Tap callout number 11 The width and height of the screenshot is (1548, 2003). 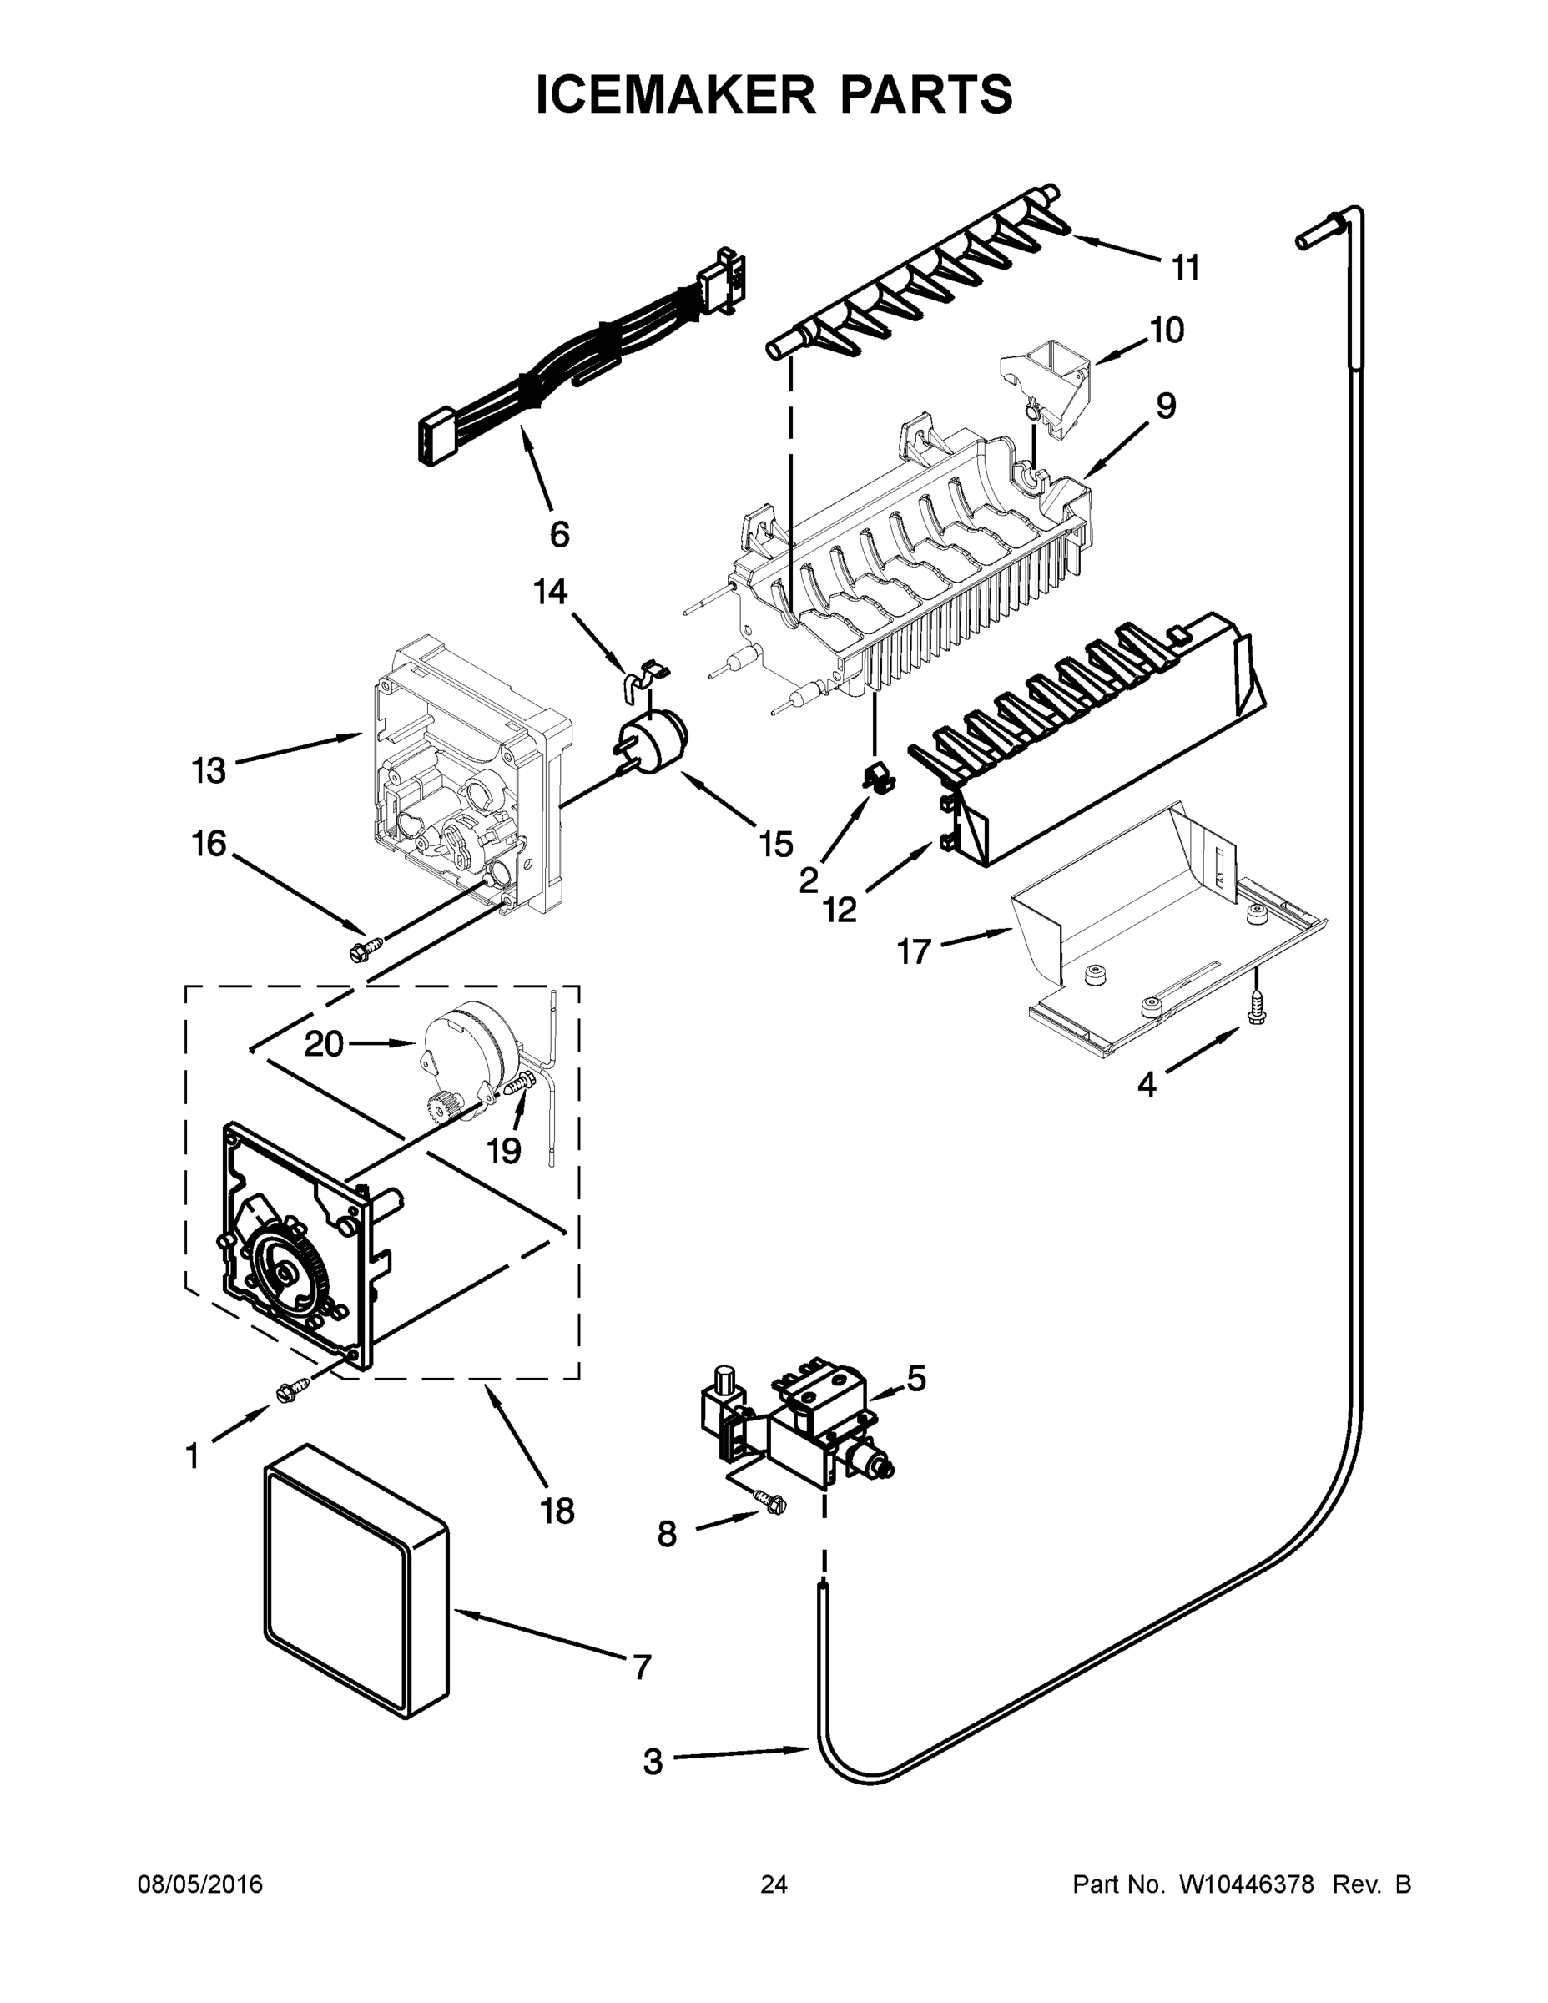pyautogui.click(x=1186, y=269)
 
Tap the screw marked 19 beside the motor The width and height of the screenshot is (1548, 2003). pyautogui.click(x=518, y=1086)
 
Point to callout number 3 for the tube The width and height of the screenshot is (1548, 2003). pyautogui.click(x=652, y=1762)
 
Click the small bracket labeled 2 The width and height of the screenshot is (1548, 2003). pyautogui.click(x=879, y=778)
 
